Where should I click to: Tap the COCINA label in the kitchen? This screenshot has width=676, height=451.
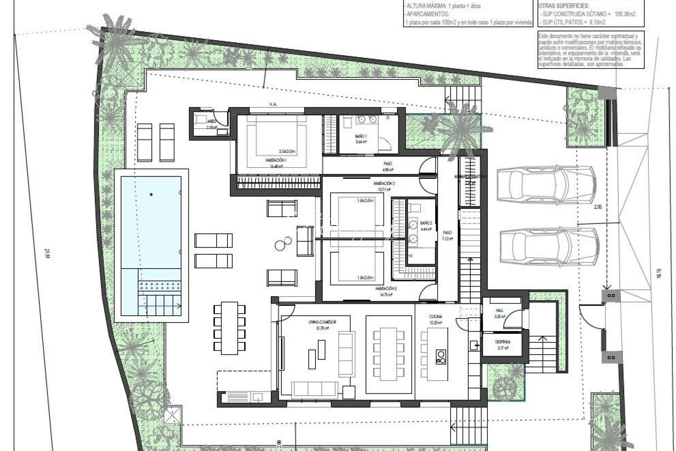tap(435, 317)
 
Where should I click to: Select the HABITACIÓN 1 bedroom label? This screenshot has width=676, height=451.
tap(276, 160)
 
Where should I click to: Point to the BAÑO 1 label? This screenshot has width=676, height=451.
tap(361, 136)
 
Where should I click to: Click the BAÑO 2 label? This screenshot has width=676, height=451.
tap(426, 223)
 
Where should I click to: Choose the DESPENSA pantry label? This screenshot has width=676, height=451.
tap(503, 342)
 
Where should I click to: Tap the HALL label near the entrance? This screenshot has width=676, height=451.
tap(500, 311)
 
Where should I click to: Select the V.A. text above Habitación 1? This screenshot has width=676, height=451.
tap(274, 104)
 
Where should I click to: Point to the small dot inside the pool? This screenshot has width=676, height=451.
tap(151, 194)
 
